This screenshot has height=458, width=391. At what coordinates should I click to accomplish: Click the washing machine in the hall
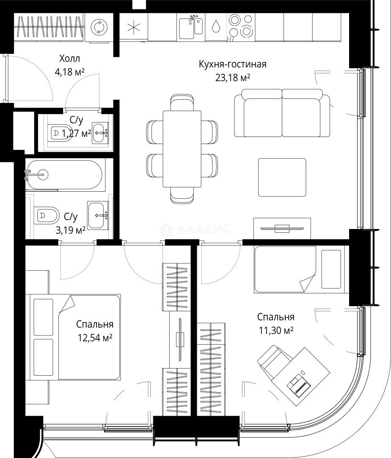tap(99, 28)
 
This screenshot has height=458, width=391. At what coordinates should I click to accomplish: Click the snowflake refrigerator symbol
tap(134, 28)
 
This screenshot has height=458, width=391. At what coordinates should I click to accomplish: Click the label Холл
tap(69, 59)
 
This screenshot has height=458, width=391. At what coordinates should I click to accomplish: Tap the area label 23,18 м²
tap(233, 78)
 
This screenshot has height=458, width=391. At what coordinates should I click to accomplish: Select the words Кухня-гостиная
tap(232, 64)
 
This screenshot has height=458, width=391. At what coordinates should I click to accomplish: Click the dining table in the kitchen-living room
tap(182, 149)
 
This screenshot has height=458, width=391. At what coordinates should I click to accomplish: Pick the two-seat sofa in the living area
tap(282, 113)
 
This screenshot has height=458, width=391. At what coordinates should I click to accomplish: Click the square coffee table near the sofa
tap(282, 177)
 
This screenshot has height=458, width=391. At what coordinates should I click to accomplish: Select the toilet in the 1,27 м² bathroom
tap(58, 134)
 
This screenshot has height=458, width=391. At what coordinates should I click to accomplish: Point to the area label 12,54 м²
tap(95, 338)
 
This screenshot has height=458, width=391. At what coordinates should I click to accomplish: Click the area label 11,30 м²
tap(276, 330)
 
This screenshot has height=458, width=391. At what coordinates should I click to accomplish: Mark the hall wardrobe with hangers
tap(49, 27)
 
